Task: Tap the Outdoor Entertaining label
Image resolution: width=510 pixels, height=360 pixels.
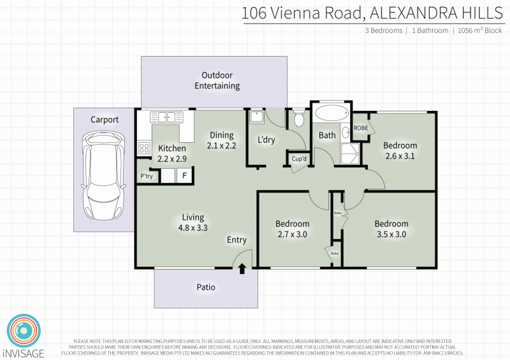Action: [217, 80]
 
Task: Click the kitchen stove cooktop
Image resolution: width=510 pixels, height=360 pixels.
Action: [143, 148]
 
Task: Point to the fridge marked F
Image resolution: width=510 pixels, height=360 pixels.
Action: [185, 176]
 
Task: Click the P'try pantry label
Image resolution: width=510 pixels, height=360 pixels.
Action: [146, 176]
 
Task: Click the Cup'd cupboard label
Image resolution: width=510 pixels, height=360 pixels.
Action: [300, 159]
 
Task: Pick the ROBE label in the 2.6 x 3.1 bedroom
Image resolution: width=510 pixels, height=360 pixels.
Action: [361, 127]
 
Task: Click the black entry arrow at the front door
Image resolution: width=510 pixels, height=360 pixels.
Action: [242, 269]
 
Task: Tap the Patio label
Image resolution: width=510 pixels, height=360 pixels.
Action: [205, 287]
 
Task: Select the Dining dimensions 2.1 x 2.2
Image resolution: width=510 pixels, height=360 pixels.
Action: [221, 146]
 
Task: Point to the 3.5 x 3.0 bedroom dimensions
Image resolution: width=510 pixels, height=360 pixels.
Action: [391, 234]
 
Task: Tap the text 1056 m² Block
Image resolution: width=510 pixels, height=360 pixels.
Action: [479, 31]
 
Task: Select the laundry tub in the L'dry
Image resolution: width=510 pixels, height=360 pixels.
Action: [256, 117]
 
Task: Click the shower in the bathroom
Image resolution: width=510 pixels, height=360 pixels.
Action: [350, 151]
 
